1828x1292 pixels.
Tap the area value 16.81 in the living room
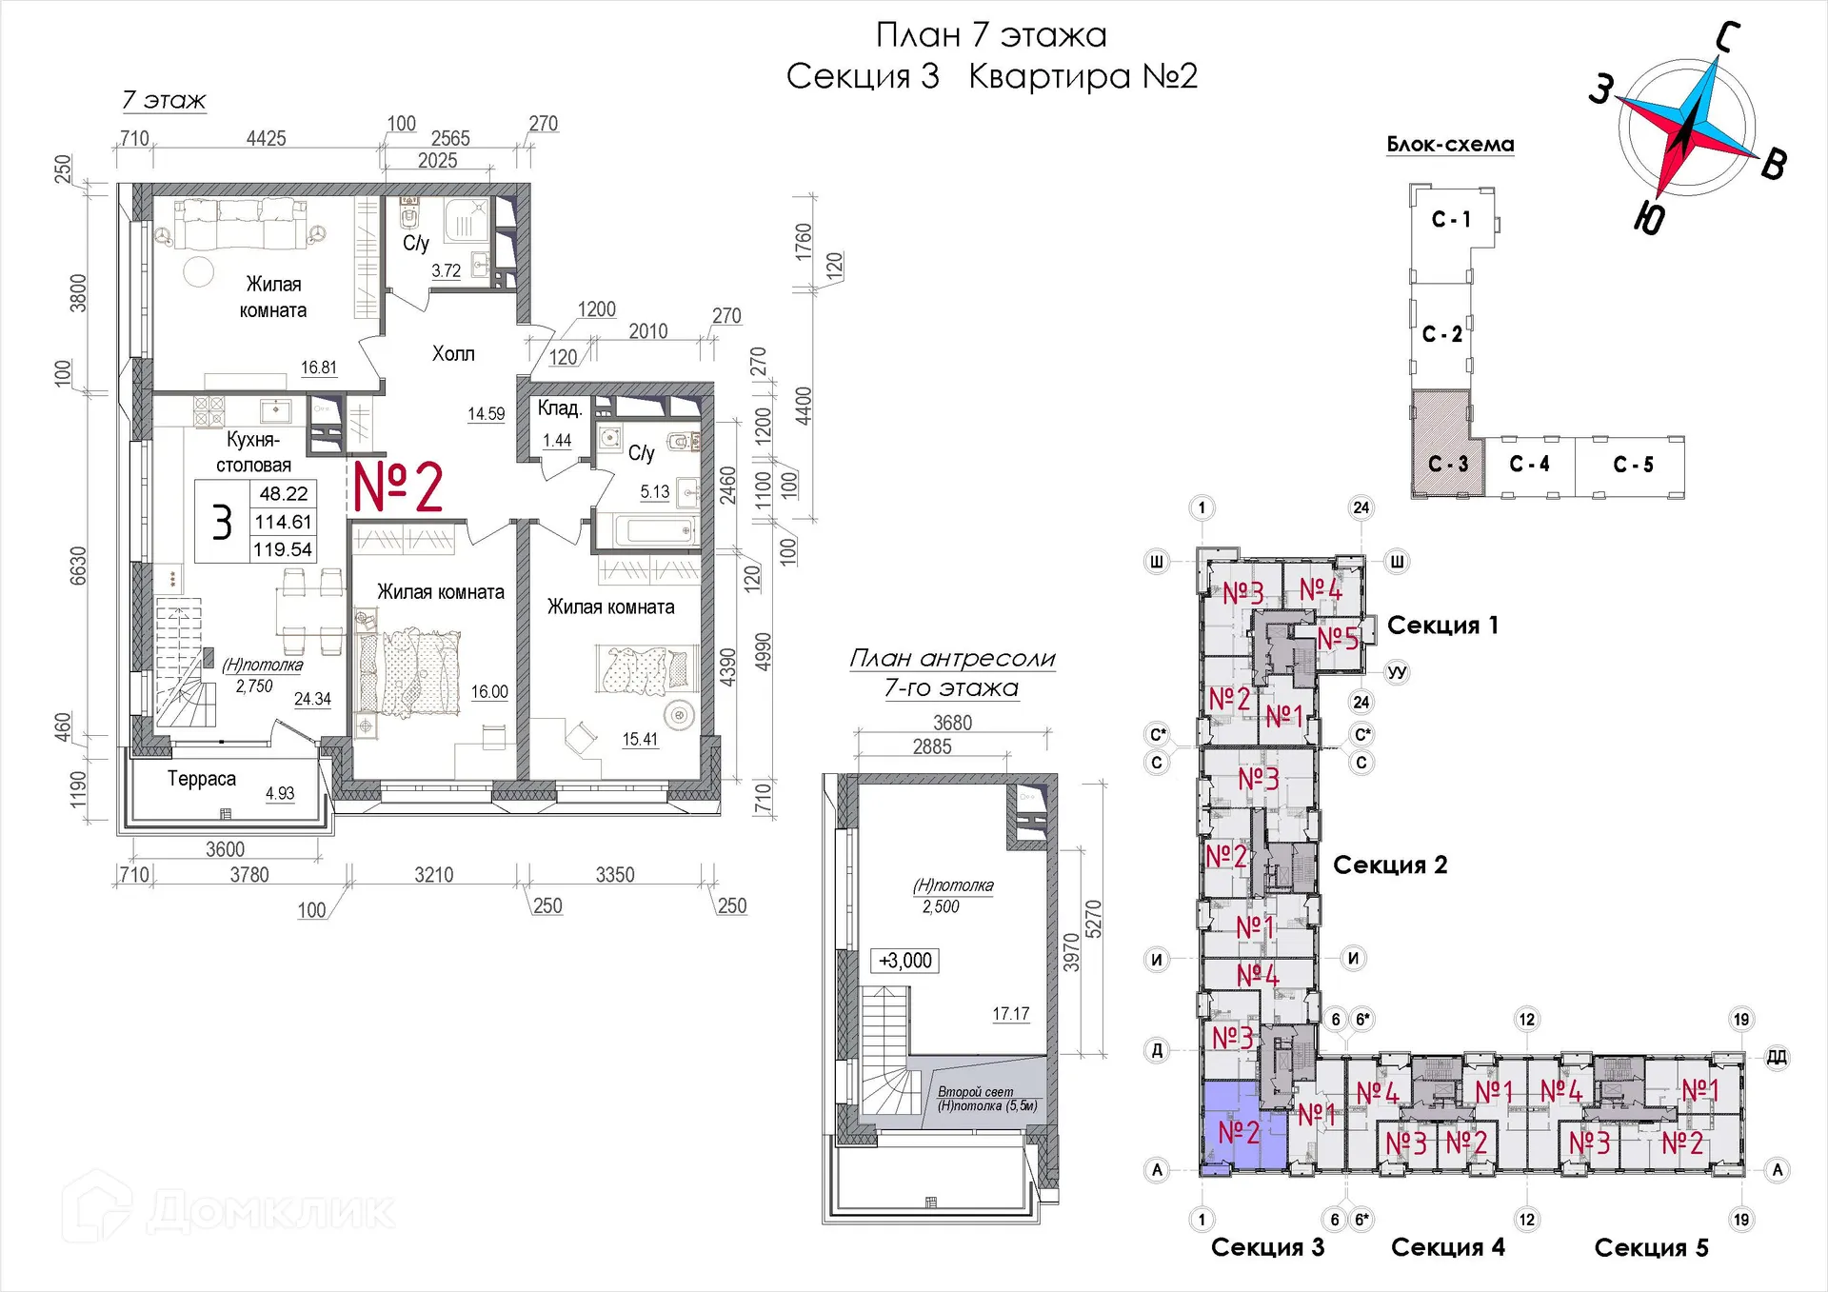(319, 368)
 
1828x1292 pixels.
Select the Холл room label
(453, 354)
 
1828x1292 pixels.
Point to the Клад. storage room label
(559, 408)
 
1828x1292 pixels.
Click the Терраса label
(202, 779)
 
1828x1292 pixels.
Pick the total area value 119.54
(283, 549)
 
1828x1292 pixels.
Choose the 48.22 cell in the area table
(284, 493)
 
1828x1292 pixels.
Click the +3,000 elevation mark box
(905, 961)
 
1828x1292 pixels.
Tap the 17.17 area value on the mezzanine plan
(1011, 1014)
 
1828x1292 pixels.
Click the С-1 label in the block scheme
(1451, 220)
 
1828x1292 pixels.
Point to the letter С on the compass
(1728, 38)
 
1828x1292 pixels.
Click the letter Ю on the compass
(1650, 218)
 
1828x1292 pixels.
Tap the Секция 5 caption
(1652, 1247)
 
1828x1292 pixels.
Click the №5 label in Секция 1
(1337, 638)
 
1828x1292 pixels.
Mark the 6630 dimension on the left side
(78, 566)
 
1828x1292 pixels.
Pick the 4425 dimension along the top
(267, 139)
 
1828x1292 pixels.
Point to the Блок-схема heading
(1450, 145)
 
